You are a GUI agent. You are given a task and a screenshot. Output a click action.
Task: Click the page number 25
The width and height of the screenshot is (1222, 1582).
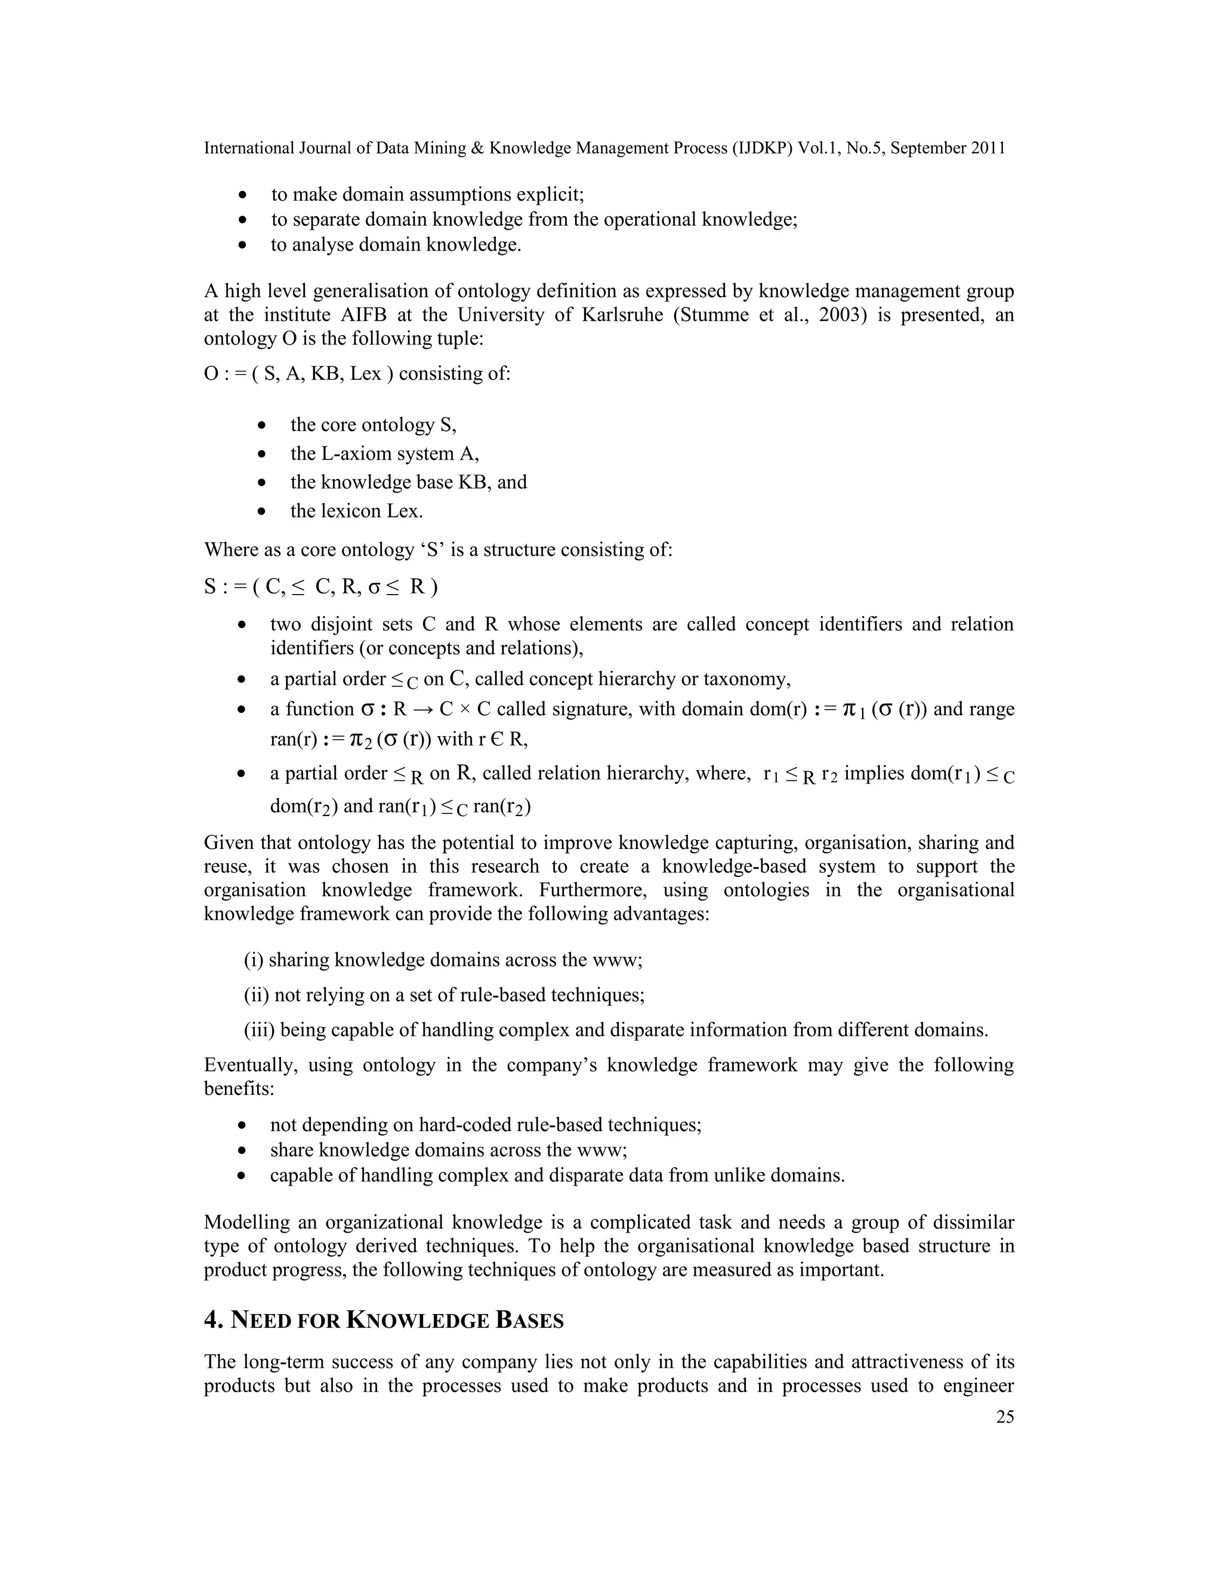(1005, 1418)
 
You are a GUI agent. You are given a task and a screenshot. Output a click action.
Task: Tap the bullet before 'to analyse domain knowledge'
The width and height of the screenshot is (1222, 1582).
(243, 245)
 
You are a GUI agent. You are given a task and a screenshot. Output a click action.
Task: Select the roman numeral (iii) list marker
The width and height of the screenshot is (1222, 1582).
(259, 1030)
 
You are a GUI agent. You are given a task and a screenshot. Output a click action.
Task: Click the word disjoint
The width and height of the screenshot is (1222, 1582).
(340, 624)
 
